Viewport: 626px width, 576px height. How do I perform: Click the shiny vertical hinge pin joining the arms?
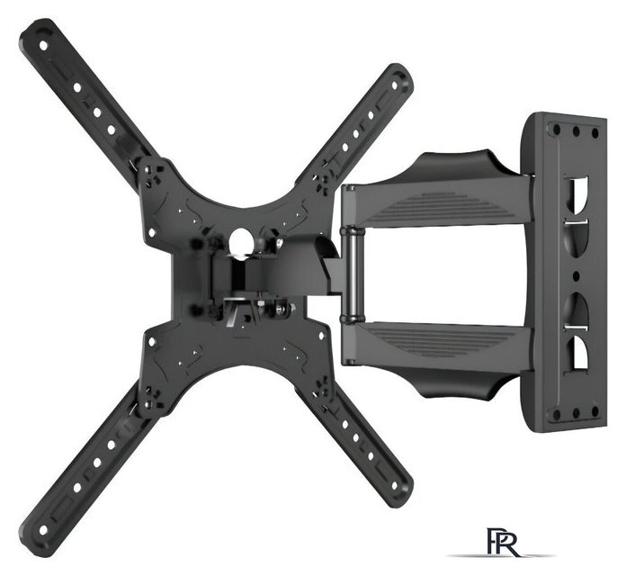point(353,274)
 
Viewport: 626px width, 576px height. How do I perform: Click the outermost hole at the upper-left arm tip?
point(43,46)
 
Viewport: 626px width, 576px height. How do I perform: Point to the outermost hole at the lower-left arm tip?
point(43,530)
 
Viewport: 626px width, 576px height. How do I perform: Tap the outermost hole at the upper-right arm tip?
point(395,85)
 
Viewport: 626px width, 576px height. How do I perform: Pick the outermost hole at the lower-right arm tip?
point(395,486)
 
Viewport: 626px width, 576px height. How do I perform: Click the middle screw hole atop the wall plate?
point(576,130)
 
